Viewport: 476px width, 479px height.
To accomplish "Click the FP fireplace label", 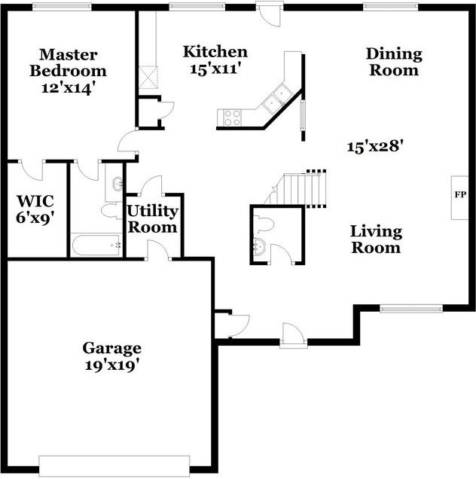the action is [460, 194].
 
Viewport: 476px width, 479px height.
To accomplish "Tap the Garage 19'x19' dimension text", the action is [111, 365].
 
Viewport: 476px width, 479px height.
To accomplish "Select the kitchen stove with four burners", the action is [232, 117].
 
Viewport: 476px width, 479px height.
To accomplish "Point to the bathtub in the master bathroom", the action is [96, 245].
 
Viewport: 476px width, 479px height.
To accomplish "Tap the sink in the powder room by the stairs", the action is [261, 247].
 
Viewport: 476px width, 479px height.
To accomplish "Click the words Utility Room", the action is [152, 219].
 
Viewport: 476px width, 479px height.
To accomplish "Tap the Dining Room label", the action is [394, 62].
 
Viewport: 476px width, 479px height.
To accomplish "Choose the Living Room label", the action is [376, 239].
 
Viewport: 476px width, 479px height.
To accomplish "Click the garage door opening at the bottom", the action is [114, 465].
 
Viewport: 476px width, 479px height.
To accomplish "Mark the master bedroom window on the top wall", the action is [62, 7].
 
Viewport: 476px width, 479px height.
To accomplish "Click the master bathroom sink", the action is [117, 184].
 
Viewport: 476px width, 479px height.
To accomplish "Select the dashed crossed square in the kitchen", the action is [148, 78].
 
